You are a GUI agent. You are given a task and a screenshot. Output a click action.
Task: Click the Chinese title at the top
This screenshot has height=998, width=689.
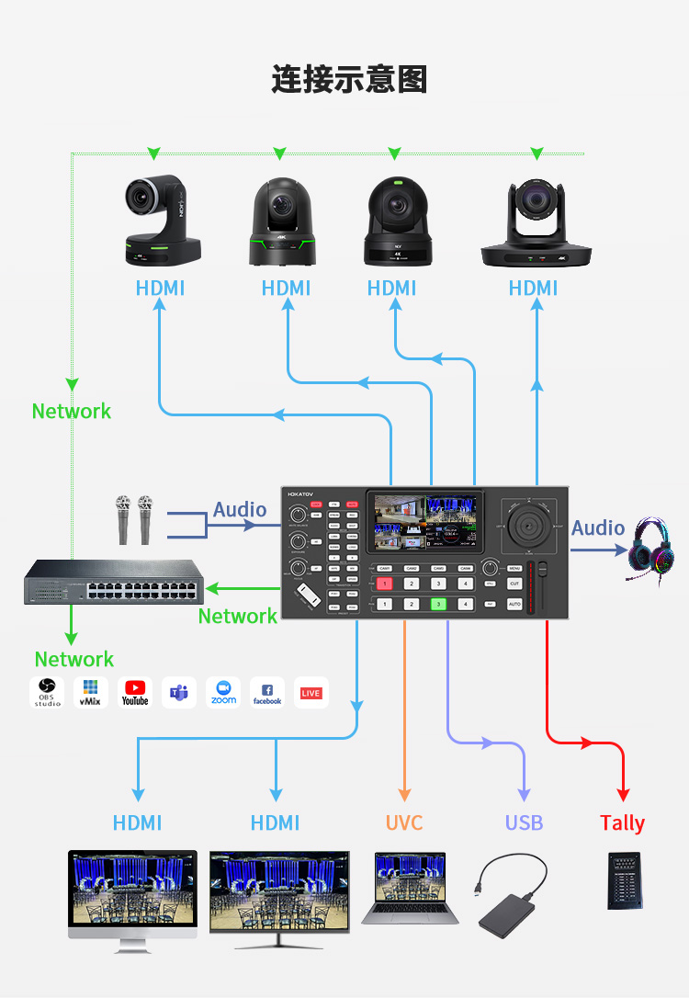click(x=349, y=79)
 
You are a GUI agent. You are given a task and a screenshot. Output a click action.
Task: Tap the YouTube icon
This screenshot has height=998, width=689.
click(x=135, y=692)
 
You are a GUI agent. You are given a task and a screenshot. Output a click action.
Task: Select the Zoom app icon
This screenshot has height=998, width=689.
click(x=223, y=692)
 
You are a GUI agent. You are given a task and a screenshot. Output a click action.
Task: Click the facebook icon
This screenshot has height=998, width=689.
click(x=267, y=692)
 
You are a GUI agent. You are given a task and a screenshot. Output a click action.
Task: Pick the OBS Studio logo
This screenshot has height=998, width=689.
click(x=47, y=692)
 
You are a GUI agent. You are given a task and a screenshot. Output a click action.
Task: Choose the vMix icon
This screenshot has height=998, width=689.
click(x=91, y=692)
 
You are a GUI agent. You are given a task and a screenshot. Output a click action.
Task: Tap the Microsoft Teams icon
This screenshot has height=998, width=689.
click(x=179, y=692)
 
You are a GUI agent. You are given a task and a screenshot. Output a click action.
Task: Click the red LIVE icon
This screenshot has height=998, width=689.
click(x=311, y=692)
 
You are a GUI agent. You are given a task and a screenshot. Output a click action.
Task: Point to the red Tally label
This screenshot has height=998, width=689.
click(x=623, y=823)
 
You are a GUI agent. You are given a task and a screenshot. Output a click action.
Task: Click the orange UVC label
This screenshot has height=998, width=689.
click(x=404, y=822)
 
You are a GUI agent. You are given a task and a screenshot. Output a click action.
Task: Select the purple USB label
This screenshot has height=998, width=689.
click(x=524, y=822)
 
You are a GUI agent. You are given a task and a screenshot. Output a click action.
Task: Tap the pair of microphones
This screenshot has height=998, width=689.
click(x=133, y=520)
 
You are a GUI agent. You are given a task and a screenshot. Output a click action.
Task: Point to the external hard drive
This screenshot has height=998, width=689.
click(x=512, y=896)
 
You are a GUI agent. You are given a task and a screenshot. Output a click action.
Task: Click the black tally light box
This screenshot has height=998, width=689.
click(x=624, y=880)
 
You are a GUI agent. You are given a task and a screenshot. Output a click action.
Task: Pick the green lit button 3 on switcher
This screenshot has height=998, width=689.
click(x=439, y=604)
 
